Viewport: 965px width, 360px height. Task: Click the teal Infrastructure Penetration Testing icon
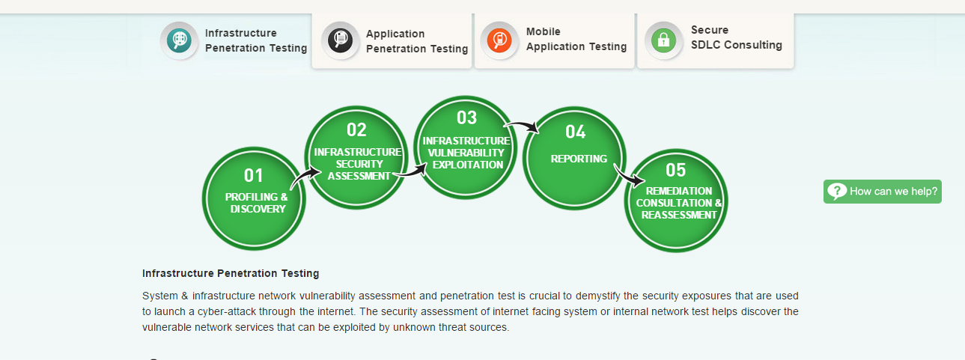click(x=179, y=40)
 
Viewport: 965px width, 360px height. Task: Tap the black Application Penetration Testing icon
click(x=341, y=40)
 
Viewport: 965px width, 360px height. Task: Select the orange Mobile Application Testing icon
click(x=499, y=40)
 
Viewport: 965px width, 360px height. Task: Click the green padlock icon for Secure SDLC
click(x=663, y=40)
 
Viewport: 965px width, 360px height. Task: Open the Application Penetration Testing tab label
click(x=416, y=41)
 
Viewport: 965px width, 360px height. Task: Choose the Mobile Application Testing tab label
click(x=576, y=39)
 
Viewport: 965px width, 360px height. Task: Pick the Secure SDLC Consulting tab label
click(x=736, y=37)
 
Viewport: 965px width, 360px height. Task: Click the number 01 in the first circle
click(x=253, y=175)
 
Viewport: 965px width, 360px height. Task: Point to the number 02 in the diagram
click(x=356, y=129)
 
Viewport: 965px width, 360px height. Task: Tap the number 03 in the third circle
click(x=466, y=118)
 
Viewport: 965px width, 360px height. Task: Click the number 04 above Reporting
click(x=576, y=132)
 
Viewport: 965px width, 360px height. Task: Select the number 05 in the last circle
click(x=675, y=170)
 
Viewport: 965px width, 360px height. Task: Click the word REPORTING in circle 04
click(x=579, y=159)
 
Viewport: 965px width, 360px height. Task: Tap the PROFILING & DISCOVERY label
click(x=257, y=203)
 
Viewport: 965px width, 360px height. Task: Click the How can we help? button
click(x=883, y=191)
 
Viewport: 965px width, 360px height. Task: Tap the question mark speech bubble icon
click(x=837, y=191)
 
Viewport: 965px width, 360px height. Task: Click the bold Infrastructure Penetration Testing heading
click(x=231, y=273)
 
